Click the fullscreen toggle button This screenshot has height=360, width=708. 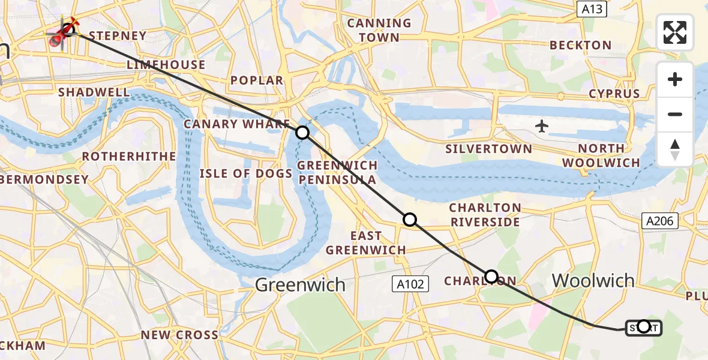point(675,32)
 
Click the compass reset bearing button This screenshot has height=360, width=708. point(675,149)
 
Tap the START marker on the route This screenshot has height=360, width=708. point(643,327)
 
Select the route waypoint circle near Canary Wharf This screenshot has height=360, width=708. point(302,133)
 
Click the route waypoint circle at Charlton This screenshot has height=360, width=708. point(491,277)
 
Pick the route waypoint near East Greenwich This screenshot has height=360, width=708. point(410,220)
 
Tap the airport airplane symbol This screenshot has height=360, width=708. point(542,126)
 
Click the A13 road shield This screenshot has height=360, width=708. point(592,9)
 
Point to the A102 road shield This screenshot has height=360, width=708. point(411,284)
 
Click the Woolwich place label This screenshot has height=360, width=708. point(593,280)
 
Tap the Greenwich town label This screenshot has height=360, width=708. point(300,284)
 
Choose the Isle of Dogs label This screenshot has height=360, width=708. point(246,174)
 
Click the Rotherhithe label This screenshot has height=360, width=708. point(129,157)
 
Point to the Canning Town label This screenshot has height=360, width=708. point(379,30)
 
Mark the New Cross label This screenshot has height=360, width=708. point(179,335)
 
